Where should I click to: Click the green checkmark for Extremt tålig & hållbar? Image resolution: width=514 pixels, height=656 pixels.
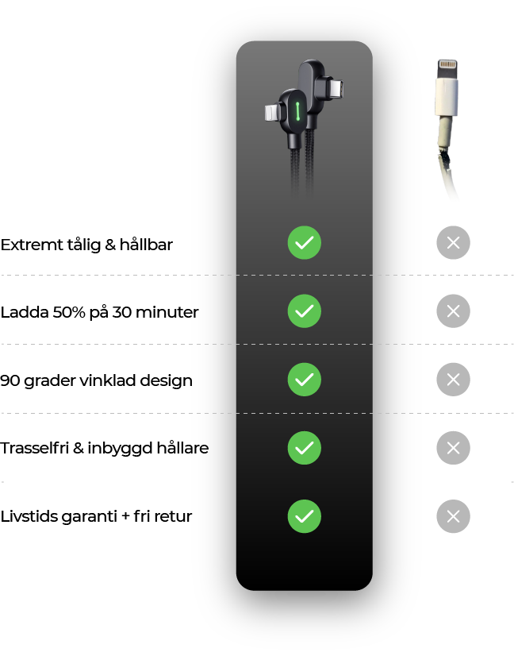point(305,243)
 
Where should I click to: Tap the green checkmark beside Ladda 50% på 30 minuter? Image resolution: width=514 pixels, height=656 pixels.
point(305,311)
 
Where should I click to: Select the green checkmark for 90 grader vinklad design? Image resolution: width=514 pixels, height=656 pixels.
point(305,380)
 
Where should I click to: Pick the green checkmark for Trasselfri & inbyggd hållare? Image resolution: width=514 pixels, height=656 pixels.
point(305,448)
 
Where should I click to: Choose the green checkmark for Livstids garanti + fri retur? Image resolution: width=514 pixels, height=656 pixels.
point(305,516)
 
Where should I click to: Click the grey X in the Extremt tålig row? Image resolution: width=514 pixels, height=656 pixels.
point(454,243)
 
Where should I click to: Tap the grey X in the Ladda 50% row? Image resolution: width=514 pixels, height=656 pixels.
point(454,311)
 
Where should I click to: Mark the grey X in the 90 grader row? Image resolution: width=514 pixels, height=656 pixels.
point(454,380)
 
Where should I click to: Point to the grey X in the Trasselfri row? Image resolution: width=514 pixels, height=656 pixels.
point(454,448)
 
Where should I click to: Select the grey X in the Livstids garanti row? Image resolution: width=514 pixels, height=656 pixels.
point(454,516)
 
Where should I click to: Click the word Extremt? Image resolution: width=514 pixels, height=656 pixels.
point(29,245)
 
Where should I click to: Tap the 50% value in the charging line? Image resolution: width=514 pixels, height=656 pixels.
point(69,313)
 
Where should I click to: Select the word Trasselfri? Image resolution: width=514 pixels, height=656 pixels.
point(34,448)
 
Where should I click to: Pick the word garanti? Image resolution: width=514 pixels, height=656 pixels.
point(89,517)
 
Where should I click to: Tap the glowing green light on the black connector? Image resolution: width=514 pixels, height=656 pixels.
point(297,111)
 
